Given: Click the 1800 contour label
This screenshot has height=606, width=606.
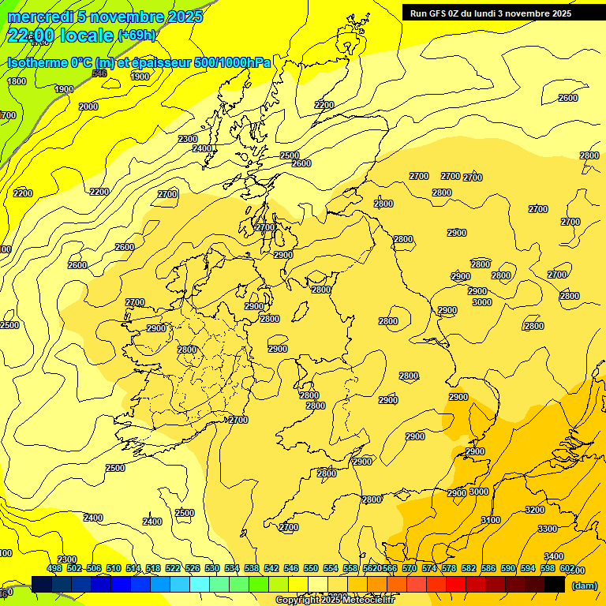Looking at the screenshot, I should tap(16, 81).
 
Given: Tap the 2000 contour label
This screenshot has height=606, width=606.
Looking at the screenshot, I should tap(88, 107).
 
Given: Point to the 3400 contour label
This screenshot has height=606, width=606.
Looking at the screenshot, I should tap(554, 556).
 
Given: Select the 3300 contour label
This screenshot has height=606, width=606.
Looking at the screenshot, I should tap(548, 529).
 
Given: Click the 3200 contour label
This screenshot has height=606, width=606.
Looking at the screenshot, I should tap(535, 510).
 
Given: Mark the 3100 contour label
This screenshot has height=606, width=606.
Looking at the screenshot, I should tap(491, 520).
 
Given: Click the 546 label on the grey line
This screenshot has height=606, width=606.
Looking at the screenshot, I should tap(99, 73).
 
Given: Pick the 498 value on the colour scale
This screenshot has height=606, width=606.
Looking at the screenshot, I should tap(54, 568).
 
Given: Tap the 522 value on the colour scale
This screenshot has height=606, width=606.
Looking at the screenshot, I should tap(173, 568).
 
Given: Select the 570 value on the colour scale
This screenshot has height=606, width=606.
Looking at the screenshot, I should tap(410, 568).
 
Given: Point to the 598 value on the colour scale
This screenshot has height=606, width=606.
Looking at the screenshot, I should tap(548, 568).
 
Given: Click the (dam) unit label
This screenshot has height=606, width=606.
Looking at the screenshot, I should tap(584, 585).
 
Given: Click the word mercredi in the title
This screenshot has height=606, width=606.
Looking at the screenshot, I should tap(40, 17).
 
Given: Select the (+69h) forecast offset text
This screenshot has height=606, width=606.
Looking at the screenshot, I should tap(137, 36).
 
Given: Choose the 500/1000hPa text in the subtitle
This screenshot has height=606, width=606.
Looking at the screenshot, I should tap(232, 62).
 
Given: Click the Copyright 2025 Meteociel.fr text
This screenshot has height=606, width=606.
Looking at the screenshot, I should tap(335, 600).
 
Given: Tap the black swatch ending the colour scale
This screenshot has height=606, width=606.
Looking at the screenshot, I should tap(555, 584).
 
